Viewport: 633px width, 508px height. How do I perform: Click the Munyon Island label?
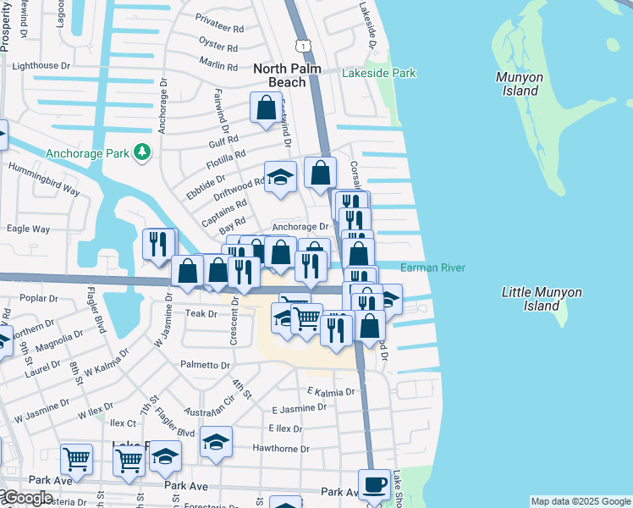519,84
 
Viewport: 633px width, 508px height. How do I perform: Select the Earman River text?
432,268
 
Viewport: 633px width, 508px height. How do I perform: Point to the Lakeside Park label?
378,74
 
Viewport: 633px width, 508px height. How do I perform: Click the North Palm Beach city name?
280,75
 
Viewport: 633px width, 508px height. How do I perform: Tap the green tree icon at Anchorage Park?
143,152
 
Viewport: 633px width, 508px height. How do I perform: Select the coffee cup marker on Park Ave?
374,485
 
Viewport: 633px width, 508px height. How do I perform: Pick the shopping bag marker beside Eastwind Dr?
266,108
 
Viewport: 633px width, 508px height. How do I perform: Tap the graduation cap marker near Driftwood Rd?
280,177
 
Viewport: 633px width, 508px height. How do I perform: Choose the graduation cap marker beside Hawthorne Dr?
216,442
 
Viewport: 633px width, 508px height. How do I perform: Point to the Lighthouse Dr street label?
41,66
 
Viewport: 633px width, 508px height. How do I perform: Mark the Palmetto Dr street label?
204,365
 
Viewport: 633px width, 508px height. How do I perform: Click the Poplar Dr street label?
43,299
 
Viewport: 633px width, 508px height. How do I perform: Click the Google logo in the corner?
27,498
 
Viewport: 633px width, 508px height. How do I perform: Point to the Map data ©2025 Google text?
580,501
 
